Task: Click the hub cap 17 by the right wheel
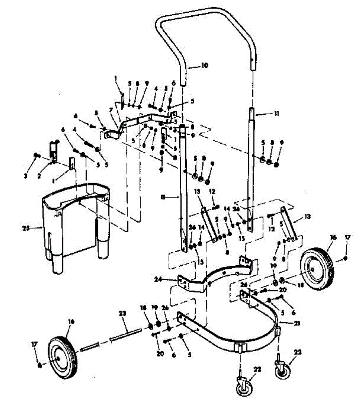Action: tap(346, 258)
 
